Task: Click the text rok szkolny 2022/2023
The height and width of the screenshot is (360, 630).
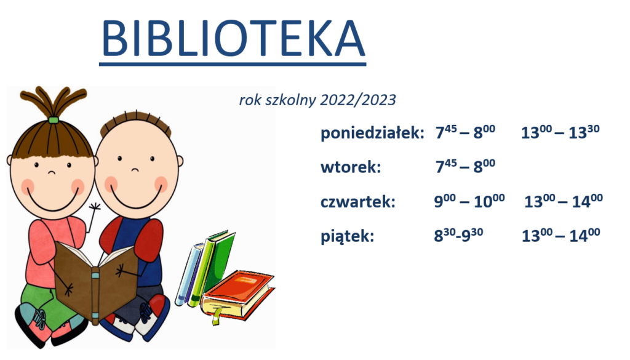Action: tap(317, 100)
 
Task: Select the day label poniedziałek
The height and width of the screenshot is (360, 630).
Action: tap(372, 133)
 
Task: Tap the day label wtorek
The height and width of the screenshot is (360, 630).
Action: tap(350, 167)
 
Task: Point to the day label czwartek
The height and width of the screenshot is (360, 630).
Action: tap(358, 202)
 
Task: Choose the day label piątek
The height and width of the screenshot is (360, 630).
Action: tap(347, 236)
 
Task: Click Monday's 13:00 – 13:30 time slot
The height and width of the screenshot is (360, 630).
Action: tap(560, 132)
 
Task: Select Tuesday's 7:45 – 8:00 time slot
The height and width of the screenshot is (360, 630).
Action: tap(465, 166)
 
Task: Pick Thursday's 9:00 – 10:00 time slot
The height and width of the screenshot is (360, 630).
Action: tap(469, 201)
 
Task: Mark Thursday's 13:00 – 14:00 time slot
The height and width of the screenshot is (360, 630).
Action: tap(564, 201)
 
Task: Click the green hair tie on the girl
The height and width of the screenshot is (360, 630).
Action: tap(53, 120)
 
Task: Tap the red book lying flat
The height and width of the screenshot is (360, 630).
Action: tap(238, 294)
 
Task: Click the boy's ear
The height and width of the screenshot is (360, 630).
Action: tap(180, 161)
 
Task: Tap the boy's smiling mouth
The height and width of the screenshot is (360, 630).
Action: tap(134, 198)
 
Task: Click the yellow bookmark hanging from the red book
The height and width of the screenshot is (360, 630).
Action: tap(217, 316)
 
